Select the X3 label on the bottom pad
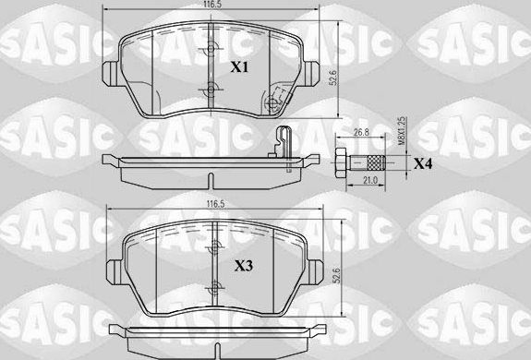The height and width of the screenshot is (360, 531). (243, 265)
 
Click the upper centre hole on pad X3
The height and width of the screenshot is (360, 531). (213, 246)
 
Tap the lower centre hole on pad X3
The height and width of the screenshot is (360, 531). (213, 287)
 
